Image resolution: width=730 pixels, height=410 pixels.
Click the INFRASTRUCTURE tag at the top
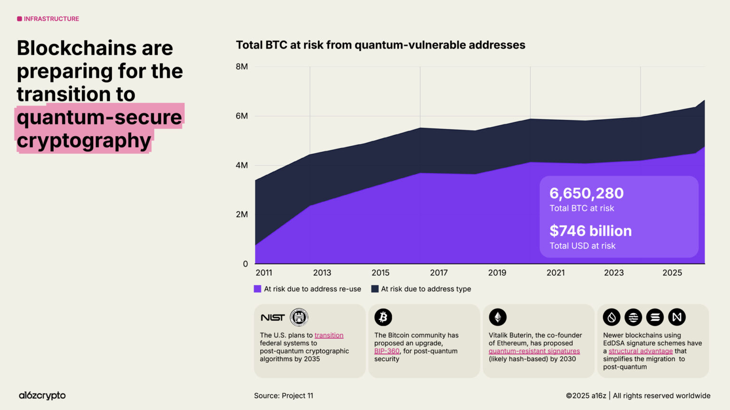(x=48, y=19)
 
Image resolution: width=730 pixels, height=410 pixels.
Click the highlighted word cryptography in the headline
(x=84, y=140)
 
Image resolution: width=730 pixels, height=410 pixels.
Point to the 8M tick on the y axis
(x=241, y=66)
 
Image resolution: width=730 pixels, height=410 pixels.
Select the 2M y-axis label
(x=241, y=214)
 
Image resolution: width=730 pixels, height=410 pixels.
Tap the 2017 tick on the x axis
(x=439, y=273)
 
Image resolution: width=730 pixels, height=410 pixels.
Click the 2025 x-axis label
(x=672, y=273)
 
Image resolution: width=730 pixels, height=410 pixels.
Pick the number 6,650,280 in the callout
(x=586, y=194)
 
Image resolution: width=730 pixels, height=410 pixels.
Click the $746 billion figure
(x=590, y=231)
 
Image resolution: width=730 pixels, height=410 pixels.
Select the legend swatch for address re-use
(x=258, y=289)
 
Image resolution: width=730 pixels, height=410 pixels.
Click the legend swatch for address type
(x=375, y=289)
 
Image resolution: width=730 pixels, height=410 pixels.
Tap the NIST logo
(x=272, y=317)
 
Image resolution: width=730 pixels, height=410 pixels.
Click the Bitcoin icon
(x=383, y=317)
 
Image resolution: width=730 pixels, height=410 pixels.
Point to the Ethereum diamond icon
(x=498, y=317)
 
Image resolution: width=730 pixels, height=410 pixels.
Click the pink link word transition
(x=328, y=335)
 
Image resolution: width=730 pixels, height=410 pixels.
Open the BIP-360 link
(x=386, y=351)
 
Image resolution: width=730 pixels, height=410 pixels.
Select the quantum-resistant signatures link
(x=534, y=351)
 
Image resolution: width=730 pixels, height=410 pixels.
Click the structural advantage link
(x=640, y=351)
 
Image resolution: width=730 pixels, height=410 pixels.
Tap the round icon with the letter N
(x=677, y=317)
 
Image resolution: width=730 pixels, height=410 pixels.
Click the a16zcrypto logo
(x=42, y=395)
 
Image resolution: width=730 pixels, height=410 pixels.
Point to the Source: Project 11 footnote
(x=283, y=396)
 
